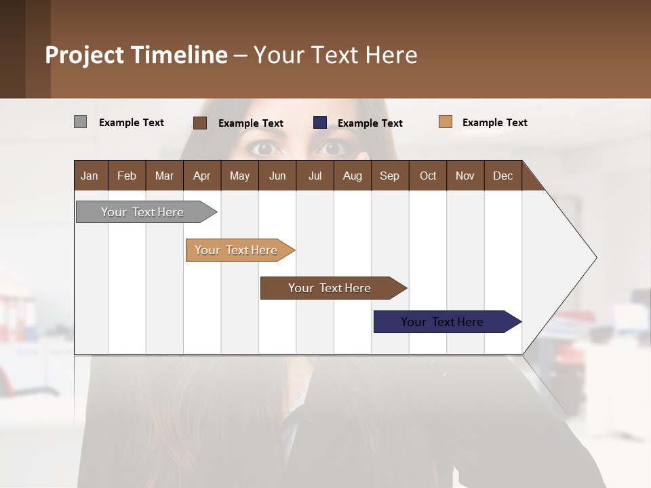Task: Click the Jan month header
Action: tap(90, 176)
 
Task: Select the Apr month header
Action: tap(201, 176)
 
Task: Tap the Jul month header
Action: tap(315, 176)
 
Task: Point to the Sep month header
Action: tap(389, 176)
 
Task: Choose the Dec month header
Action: tap(502, 176)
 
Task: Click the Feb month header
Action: tap(127, 176)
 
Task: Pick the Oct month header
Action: tap(428, 176)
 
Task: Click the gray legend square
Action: tap(80, 122)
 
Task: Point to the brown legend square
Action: tap(200, 123)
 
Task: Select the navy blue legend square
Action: tap(320, 123)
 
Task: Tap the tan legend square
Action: tap(446, 122)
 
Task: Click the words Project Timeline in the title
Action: tap(136, 55)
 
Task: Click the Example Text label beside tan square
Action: tap(494, 123)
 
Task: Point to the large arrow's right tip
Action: tap(595, 258)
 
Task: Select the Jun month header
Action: tap(277, 176)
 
